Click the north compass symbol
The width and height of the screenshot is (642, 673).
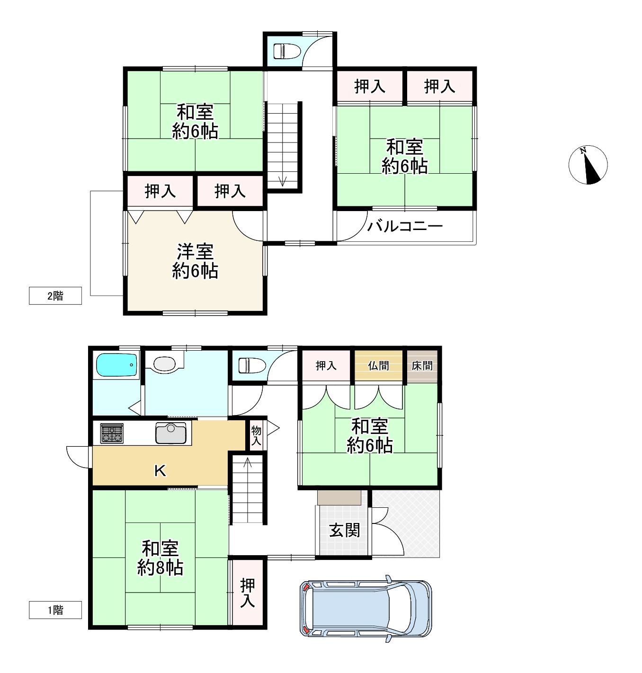pyautogui.click(x=588, y=165)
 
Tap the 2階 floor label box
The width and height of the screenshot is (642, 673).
pyautogui.click(x=55, y=296)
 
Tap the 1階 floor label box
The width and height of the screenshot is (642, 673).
pyautogui.click(x=55, y=610)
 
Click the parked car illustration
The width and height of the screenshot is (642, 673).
pyautogui.click(x=366, y=608)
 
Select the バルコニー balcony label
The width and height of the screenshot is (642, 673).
pyautogui.click(x=405, y=226)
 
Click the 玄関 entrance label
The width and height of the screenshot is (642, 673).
pyautogui.click(x=344, y=530)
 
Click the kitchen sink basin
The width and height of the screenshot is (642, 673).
pyautogui.click(x=171, y=433)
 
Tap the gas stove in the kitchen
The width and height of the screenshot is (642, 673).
pyautogui.click(x=112, y=434)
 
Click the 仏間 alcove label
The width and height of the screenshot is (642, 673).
pyautogui.click(x=378, y=365)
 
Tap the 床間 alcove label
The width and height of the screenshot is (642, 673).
pyautogui.click(x=421, y=365)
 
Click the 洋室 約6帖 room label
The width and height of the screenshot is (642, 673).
pyautogui.click(x=195, y=261)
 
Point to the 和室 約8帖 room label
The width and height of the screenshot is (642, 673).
pyautogui.click(x=160, y=558)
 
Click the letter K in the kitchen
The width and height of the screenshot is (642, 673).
pyautogui.click(x=160, y=470)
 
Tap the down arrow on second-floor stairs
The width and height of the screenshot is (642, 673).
pyautogui.click(x=283, y=181)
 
